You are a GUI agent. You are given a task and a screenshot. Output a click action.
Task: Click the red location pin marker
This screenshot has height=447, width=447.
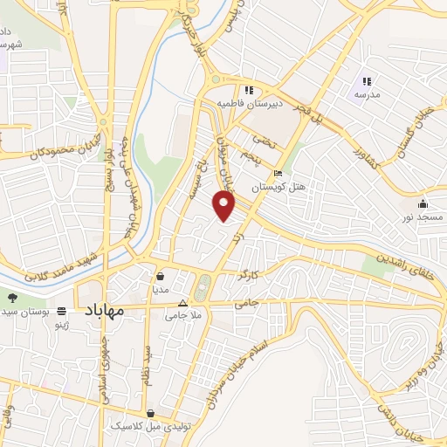coord(225,206)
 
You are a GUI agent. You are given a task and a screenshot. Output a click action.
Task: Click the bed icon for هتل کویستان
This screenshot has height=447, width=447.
coord(278,173)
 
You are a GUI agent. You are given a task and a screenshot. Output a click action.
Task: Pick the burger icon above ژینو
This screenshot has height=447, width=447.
coord(61,311)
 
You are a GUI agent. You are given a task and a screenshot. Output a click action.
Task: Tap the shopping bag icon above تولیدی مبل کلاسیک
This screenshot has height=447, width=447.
coord(152,413)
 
